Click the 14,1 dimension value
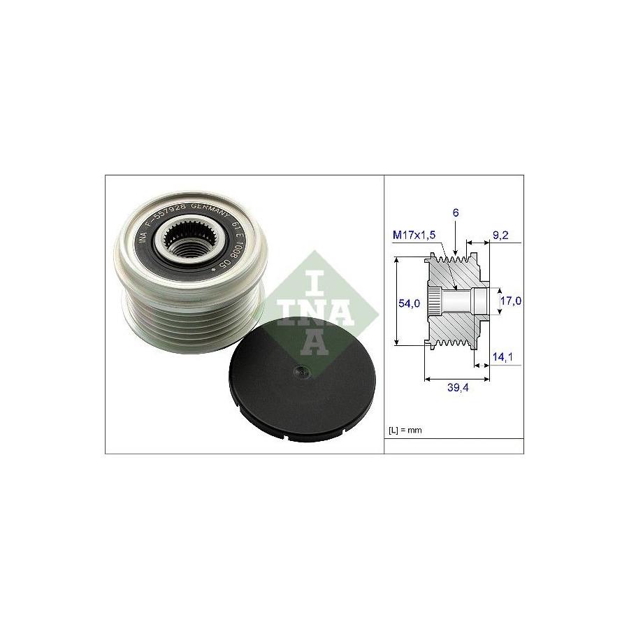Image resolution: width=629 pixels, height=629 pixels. pyautogui.click(x=502, y=357)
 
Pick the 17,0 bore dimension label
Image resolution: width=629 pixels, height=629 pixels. pyautogui.click(x=512, y=301)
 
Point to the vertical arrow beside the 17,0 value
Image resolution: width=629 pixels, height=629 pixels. pyautogui.click(x=498, y=301)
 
